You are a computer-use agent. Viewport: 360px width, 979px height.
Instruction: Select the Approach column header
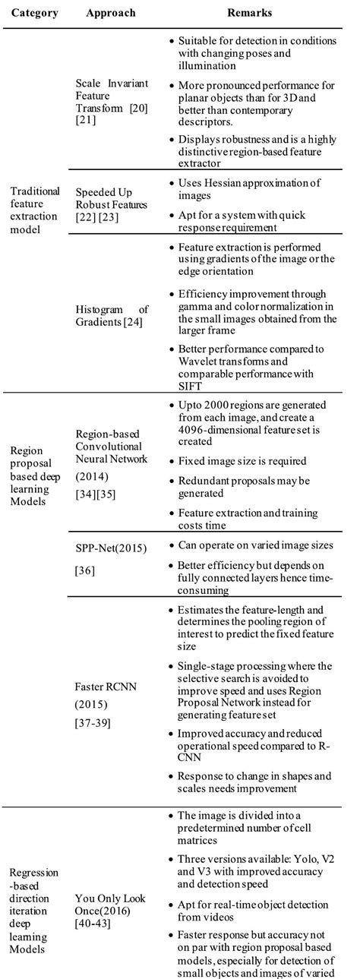pyautogui.click(x=112, y=14)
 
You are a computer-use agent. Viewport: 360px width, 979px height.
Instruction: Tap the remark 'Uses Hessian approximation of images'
pyautogui.click(x=248, y=188)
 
